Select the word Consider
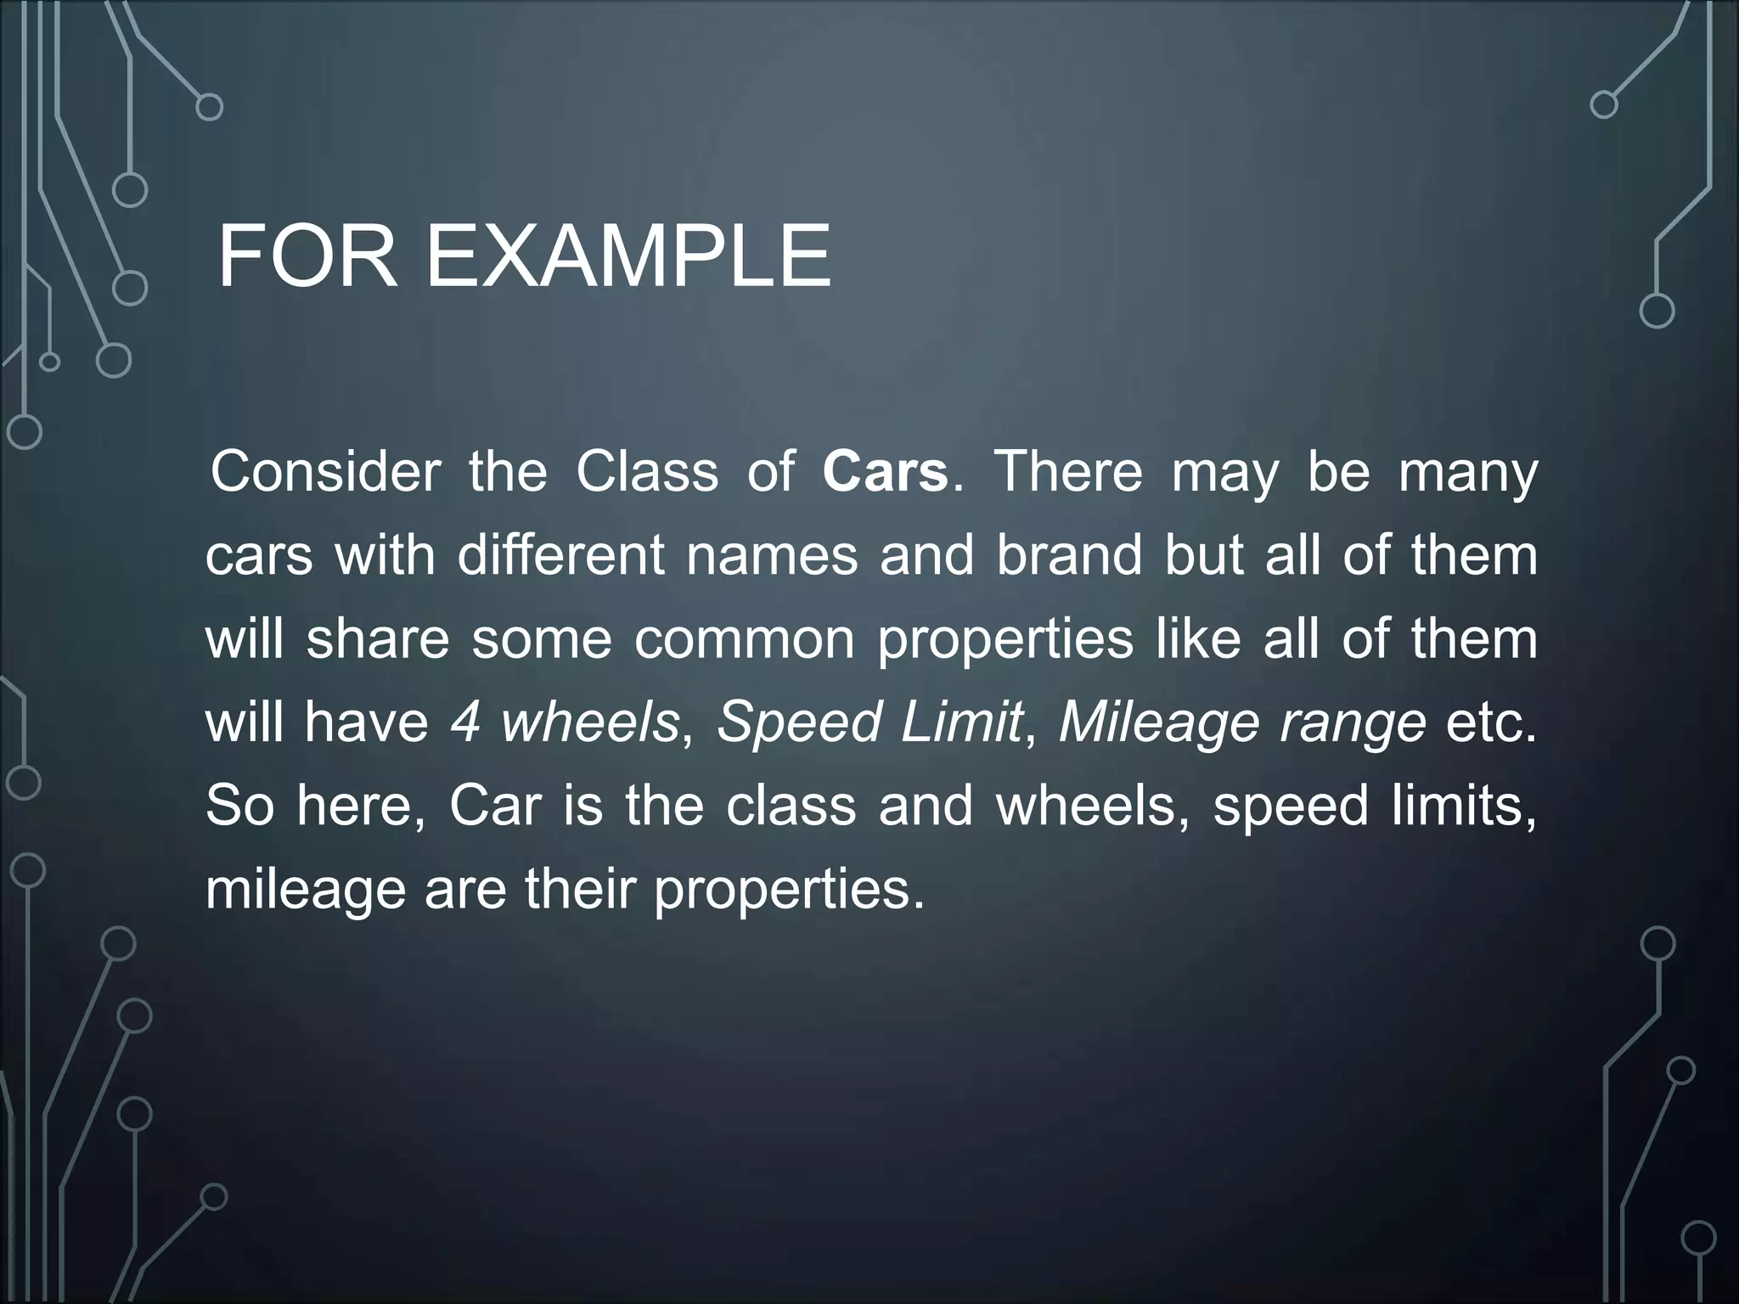326,472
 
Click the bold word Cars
885,472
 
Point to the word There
1068,472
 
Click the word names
772,556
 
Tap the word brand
1069,556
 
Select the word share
378,639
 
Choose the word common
744,639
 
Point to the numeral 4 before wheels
466,722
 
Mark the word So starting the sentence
239,806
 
